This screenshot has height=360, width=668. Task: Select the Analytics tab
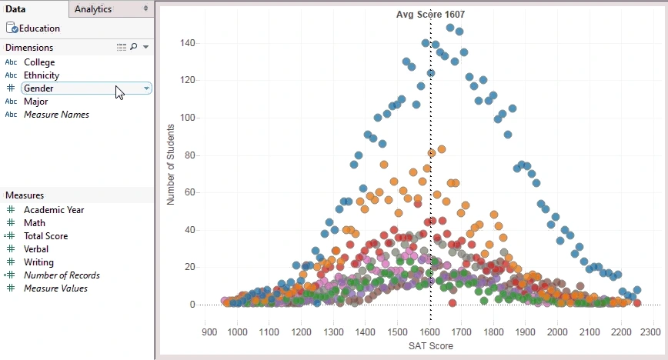click(x=93, y=9)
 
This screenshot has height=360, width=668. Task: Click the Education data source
click(x=39, y=28)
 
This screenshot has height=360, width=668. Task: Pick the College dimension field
click(x=39, y=62)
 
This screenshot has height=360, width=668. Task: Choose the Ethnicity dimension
click(x=42, y=75)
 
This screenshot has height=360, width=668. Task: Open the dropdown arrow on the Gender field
click(x=146, y=88)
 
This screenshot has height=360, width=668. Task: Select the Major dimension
click(x=36, y=102)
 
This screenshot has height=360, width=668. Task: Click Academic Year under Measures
click(x=54, y=210)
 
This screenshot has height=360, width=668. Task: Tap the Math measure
click(x=35, y=223)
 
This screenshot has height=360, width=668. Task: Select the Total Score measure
click(x=45, y=236)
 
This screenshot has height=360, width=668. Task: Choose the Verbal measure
click(x=36, y=249)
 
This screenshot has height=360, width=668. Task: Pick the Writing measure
click(x=38, y=262)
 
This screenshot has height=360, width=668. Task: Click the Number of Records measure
click(x=62, y=275)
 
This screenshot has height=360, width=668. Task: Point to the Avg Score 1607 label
click(x=430, y=15)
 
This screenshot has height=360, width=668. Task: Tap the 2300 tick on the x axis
click(x=650, y=332)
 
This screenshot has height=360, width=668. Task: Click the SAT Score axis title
click(x=429, y=346)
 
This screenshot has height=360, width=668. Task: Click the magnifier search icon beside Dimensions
click(x=134, y=48)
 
